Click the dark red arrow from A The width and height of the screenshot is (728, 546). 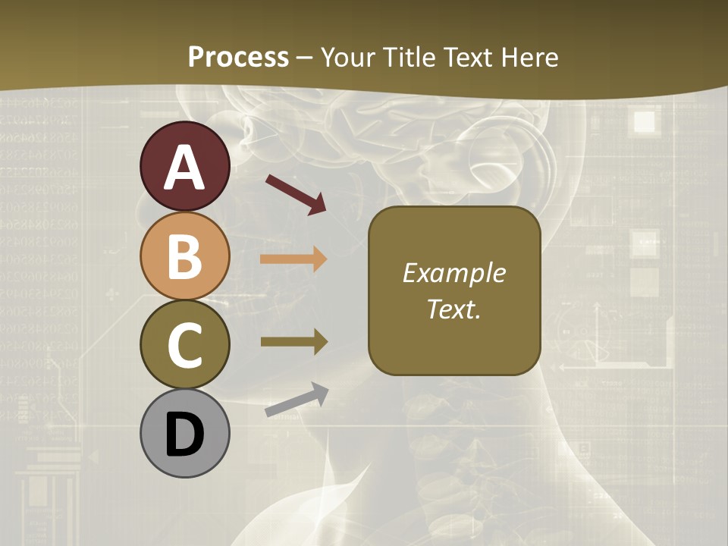coord(296,194)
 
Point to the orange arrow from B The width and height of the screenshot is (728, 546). coord(293,259)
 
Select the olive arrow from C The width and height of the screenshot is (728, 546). coord(293,341)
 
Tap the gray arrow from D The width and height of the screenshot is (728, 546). coord(297,400)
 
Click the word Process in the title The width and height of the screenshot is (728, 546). coord(238,58)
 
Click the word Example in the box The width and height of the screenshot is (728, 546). coord(453,273)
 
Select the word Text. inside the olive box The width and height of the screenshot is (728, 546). coord(453,309)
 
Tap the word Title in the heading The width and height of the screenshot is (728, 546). coord(412,58)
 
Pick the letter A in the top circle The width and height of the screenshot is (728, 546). coord(184,168)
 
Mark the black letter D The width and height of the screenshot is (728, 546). coord(184,435)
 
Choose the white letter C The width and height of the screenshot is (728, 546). coord(184,346)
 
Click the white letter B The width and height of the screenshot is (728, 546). coord(184,256)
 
